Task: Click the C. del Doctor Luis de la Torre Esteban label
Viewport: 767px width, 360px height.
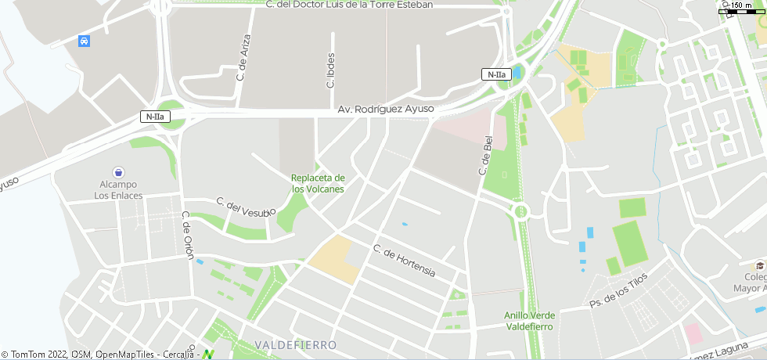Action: (349, 5)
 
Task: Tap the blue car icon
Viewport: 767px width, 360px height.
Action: (84, 41)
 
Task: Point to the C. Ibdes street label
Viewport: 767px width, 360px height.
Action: (331, 69)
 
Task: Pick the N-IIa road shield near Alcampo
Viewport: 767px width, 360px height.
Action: (154, 117)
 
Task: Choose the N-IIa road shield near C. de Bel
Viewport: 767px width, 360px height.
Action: (495, 74)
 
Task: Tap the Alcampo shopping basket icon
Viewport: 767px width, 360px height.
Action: (118, 172)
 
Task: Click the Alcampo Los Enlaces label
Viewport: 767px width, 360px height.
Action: (118, 190)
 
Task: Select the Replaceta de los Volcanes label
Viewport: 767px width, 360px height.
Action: (318, 184)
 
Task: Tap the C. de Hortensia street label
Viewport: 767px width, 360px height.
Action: (404, 261)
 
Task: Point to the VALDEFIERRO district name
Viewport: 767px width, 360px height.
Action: (296, 345)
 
